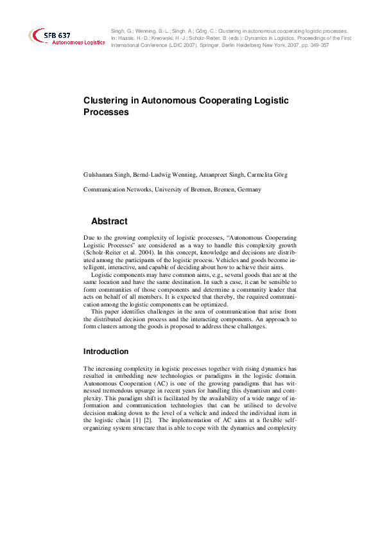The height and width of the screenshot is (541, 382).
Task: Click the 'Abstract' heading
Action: [109, 221]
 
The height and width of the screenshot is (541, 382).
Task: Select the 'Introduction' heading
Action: [106, 351]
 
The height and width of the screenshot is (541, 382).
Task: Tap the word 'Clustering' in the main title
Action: [107, 101]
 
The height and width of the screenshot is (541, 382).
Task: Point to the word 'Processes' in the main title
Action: [107, 112]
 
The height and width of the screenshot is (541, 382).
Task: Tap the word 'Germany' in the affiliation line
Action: [248, 190]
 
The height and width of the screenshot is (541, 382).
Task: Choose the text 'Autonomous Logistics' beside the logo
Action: [78, 42]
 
